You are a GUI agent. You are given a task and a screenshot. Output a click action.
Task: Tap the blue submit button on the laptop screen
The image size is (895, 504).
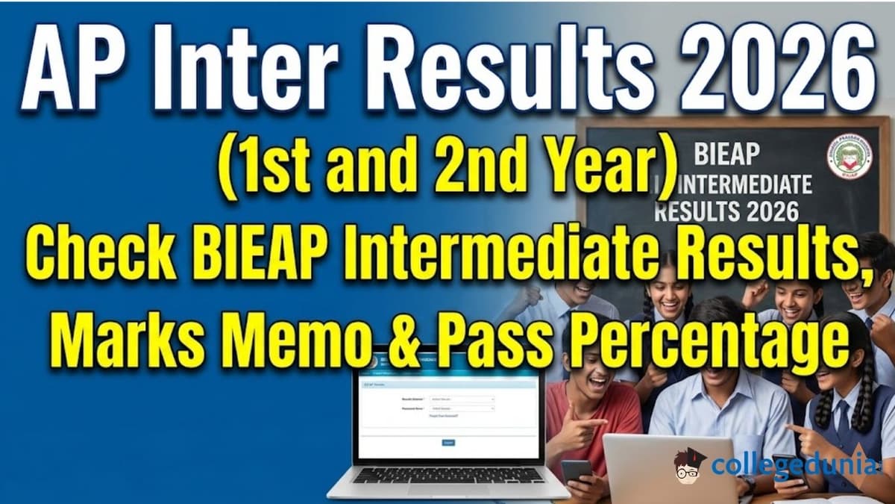[448, 442]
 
